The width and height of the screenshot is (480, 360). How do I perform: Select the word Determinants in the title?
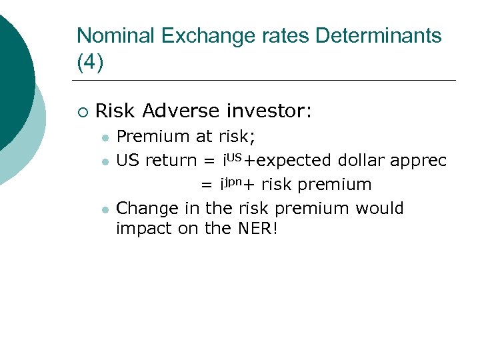tap(379, 36)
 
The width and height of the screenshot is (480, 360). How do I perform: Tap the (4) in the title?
tap(90, 62)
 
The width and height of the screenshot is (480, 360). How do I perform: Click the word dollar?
tap(364, 161)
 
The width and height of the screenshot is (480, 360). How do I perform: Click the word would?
tap(379, 209)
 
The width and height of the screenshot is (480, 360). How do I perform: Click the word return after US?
tap(171, 161)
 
